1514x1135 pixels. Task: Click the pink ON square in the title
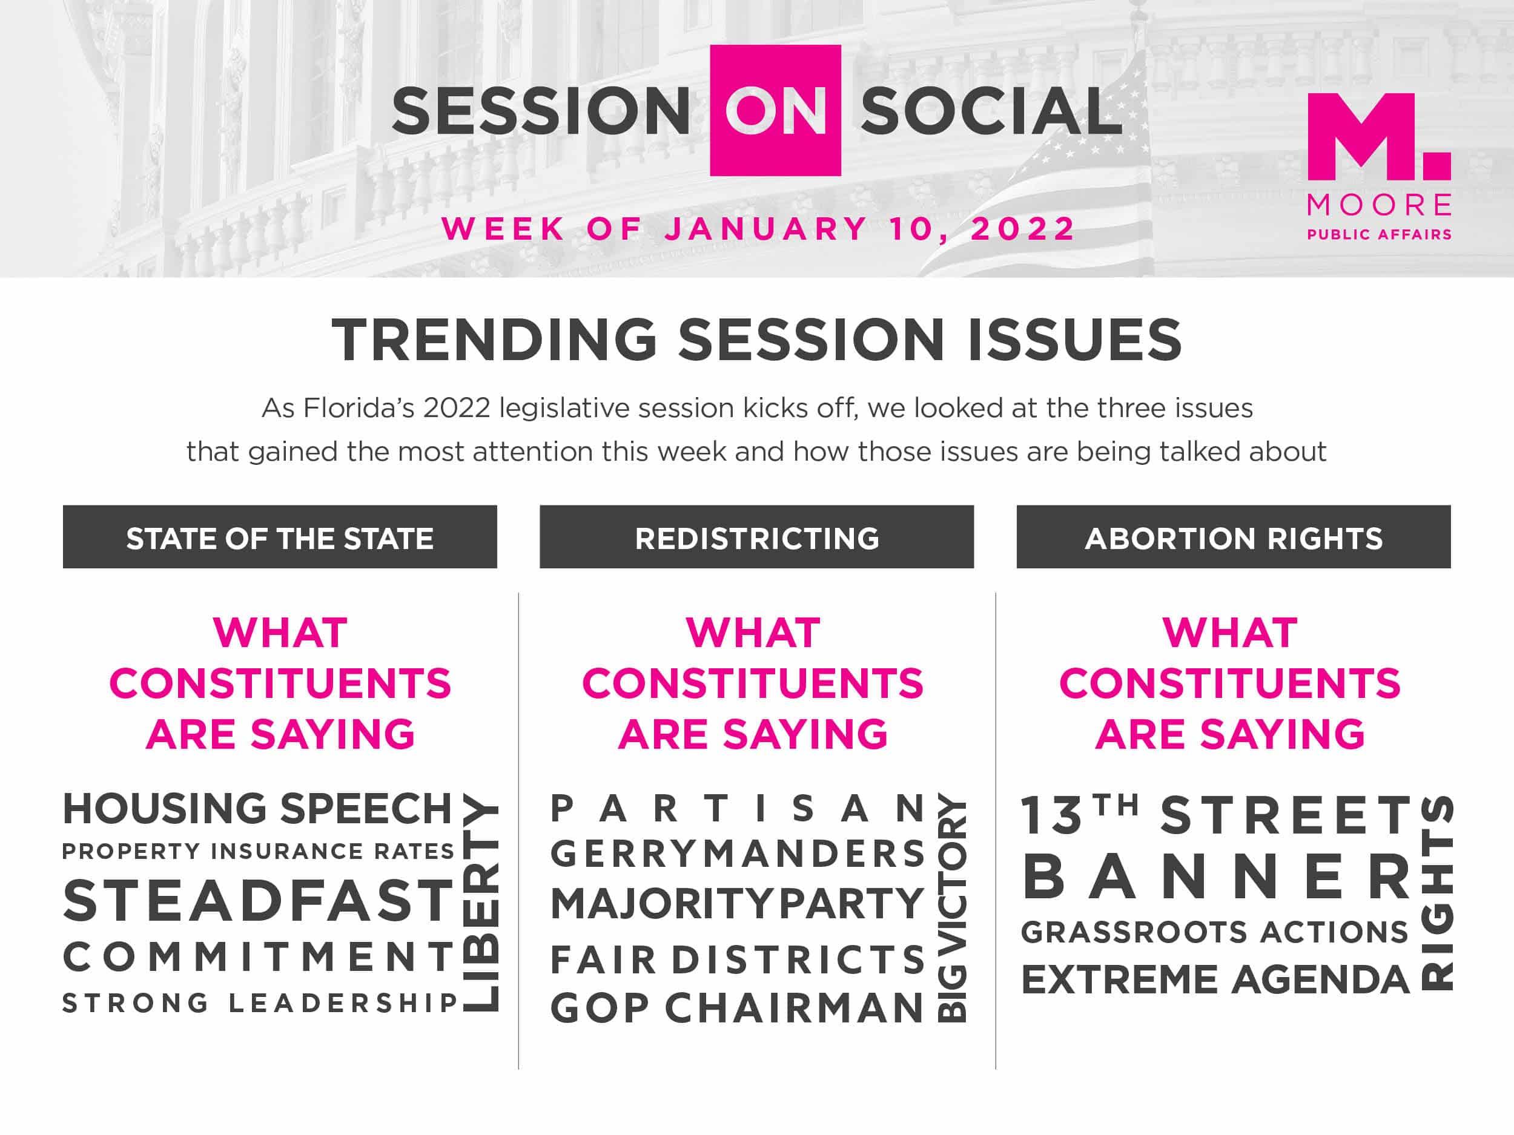(x=776, y=110)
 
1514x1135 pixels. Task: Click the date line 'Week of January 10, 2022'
(x=758, y=228)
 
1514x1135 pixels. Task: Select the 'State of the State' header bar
(x=280, y=536)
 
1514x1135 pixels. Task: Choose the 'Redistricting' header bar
(x=756, y=536)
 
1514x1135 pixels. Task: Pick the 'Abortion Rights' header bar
(x=1234, y=536)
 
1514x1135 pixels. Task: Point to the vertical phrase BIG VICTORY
(x=951, y=907)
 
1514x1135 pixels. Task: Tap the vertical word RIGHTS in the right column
(x=1436, y=893)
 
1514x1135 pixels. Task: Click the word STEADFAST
(x=259, y=900)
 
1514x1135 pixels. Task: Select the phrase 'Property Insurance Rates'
(x=259, y=851)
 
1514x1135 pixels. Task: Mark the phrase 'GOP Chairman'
(x=738, y=1008)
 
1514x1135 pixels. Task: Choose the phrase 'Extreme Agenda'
(x=1215, y=979)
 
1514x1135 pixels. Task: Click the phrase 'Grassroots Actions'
(x=1215, y=932)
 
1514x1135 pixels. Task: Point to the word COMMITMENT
(x=259, y=956)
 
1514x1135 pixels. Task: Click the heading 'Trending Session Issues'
(x=757, y=340)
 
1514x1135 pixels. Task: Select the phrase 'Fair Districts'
(x=738, y=959)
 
